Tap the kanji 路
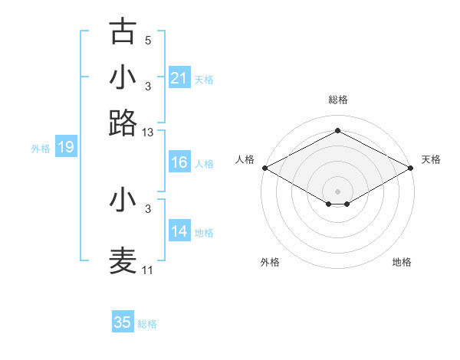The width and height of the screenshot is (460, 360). tap(123, 123)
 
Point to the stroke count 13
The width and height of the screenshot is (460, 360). tap(148, 133)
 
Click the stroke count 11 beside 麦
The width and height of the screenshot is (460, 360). tap(148, 270)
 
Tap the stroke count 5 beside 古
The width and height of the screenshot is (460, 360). tap(148, 41)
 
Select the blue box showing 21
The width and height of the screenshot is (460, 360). tap(179, 77)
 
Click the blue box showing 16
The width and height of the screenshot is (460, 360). tap(179, 162)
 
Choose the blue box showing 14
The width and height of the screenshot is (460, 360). tap(179, 231)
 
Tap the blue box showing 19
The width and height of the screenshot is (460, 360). tap(65, 147)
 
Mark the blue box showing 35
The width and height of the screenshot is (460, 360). tap(123, 322)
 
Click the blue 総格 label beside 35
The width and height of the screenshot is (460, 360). tap(147, 324)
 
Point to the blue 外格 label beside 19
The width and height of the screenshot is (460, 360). tap(41, 149)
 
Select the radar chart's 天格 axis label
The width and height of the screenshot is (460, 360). tap(431, 159)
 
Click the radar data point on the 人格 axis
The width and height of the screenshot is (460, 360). tap(264, 168)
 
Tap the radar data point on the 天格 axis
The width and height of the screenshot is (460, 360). tap(412, 168)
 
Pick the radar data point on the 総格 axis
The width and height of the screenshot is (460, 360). tap(337, 130)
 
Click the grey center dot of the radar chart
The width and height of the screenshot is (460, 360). tap(337, 191)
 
